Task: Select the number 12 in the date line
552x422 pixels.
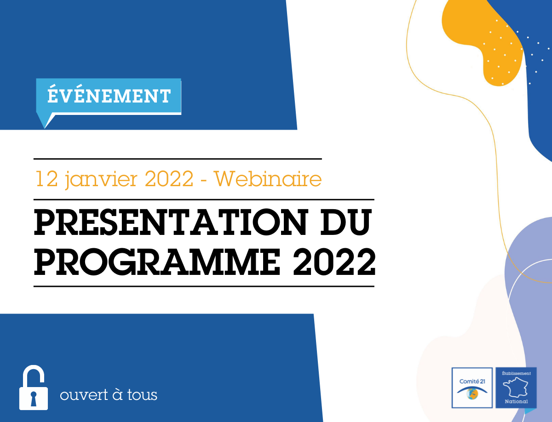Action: tap(46, 178)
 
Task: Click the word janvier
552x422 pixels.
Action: tap(101, 179)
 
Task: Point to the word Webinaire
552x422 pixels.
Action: tap(268, 179)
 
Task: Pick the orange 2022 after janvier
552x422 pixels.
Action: tap(169, 179)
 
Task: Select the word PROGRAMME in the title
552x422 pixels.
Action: tap(157, 262)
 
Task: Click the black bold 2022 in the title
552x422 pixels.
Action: tap(334, 262)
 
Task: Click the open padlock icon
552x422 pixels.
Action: tap(34, 388)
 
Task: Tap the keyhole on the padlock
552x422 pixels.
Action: tap(34, 399)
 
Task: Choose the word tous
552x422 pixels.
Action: tap(142, 395)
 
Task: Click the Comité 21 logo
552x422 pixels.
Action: tap(472, 388)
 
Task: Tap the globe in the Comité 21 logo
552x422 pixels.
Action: tap(472, 394)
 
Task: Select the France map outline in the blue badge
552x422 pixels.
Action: tap(516, 388)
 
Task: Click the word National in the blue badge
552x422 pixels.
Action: tap(516, 402)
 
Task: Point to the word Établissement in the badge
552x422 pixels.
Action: tap(516, 373)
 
